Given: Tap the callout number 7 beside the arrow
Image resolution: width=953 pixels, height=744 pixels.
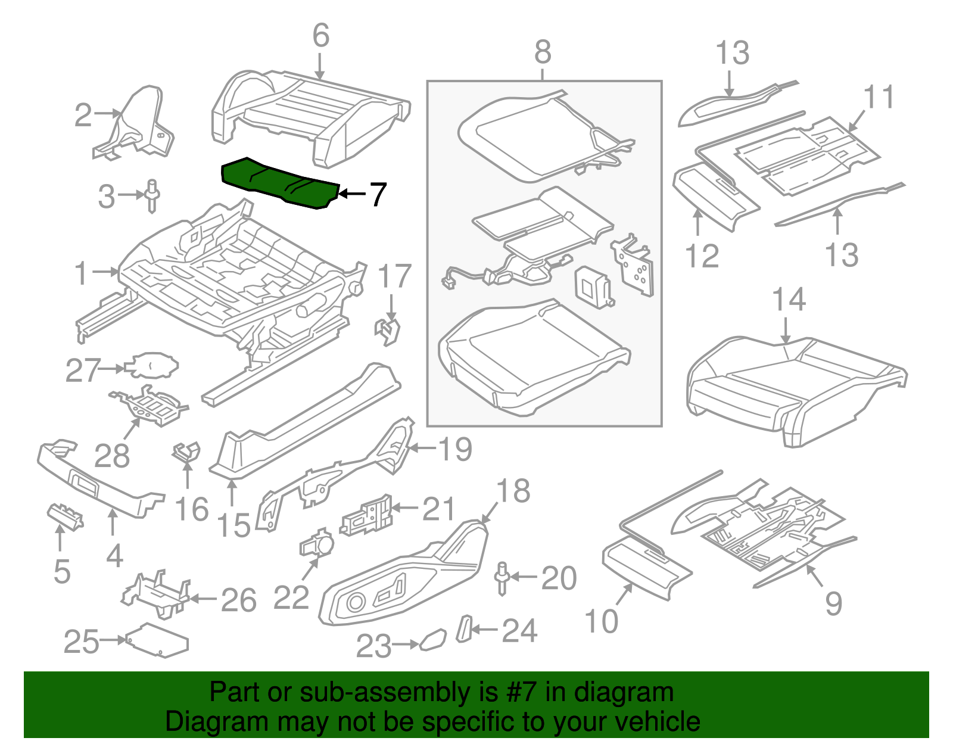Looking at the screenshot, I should tap(378, 194).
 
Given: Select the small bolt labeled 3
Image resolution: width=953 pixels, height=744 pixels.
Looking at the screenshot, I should tap(152, 195).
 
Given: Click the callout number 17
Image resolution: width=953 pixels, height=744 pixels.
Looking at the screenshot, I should tap(394, 276).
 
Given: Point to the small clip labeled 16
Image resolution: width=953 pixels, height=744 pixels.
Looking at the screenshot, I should tap(186, 452).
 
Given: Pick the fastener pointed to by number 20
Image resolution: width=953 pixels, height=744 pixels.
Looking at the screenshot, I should tap(503, 577).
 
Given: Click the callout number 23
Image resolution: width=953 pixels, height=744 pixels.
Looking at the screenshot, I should tap(373, 646).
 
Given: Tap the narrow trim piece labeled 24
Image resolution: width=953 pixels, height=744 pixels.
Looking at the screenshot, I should tap(463, 629).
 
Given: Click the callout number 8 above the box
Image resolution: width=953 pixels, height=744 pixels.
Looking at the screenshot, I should tap(542, 52).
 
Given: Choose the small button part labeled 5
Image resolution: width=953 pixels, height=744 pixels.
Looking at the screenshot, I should tap(65, 516).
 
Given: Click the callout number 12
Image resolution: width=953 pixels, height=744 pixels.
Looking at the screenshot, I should tap(702, 256).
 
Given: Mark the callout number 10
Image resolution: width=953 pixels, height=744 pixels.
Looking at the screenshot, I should tap(602, 621).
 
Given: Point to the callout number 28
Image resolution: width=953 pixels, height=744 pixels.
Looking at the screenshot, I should tap(111, 456).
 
